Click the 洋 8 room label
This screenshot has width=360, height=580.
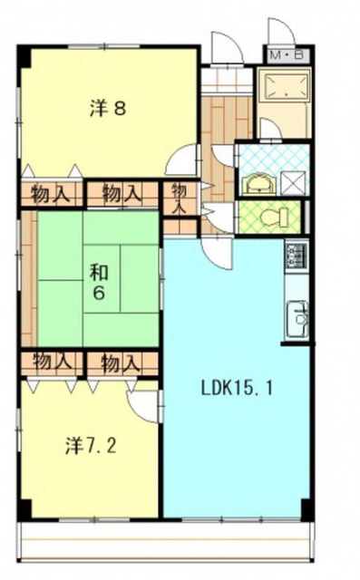pyautogui.click(x=108, y=109)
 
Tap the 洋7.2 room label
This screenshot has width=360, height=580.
pyautogui.click(x=91, y=445)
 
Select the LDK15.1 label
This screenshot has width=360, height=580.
pyautogui.click(x=237, y=388)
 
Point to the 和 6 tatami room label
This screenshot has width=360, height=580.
pyautogui.click(x=100, y=282)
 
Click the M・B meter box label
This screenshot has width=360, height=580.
pyautogui.click(x=287, y=55)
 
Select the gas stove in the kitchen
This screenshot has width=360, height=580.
pyautogui.click(x=297, y=256)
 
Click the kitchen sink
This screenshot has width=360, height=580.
pyautogui.click(x=297, y=319)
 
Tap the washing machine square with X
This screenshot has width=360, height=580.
pyautogui.click(x=293, y=183)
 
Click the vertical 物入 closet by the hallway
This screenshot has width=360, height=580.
pyautogui.click(x=179, y=198)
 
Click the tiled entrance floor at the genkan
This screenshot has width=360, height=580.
pyautogui.click(x=228, y=80)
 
